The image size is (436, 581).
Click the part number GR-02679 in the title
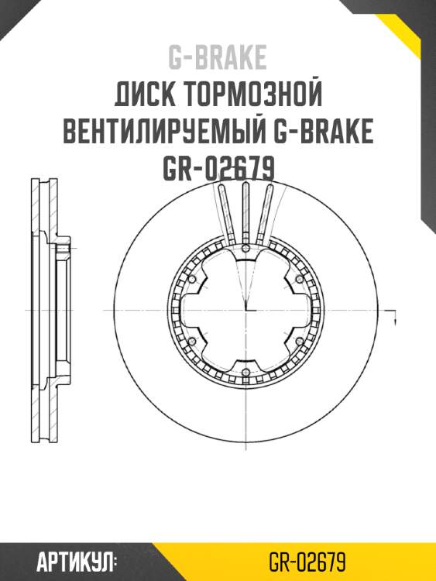(218, 168)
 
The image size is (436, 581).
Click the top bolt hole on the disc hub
(245, 249)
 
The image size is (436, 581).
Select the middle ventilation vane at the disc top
(245, 209)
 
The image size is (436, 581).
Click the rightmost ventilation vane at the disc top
(268, 211)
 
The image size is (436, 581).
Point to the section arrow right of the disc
(396, 318)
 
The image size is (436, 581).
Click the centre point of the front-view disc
(245, 311)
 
